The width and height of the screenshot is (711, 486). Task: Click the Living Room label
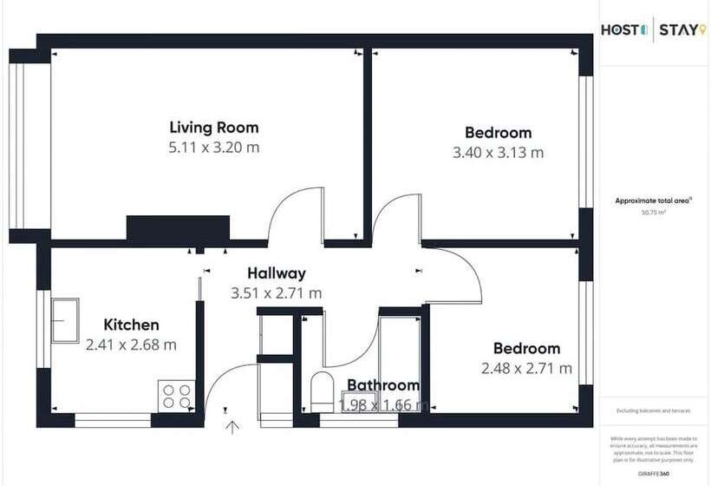click(x=214, y=128)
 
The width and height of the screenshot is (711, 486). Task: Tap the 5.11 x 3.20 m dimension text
click(x=214, y=148)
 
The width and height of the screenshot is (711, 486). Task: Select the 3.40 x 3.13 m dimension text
click(x=498, y=153)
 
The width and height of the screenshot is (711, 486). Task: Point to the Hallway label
click(x=276, y=273)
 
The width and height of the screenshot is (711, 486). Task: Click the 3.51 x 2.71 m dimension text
click(x=276, y=293)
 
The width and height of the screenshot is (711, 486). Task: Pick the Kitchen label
click(x=131, y=325)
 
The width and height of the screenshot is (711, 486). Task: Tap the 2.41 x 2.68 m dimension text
click(x=131, y=345)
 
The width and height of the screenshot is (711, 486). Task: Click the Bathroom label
click(x=383, y=385)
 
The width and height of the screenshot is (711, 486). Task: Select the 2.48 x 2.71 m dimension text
click(x=526, y=368)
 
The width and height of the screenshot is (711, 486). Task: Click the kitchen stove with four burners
click(x=176, y=396)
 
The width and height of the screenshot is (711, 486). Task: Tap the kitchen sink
click(x=65, y=319)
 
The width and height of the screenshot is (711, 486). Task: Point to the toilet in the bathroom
click(x=321, y=391)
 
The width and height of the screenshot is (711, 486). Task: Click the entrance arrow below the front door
click(x=232, y=425)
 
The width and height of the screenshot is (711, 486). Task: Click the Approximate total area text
click(x=653, y=200)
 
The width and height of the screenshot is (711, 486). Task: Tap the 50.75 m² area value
click(x=653, y=212)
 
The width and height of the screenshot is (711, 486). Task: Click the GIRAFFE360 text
click(x=653, y=473)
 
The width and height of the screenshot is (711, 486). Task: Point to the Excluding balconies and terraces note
click(x=653, y=410)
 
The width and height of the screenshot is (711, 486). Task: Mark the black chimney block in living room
click(x=178, y=227)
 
